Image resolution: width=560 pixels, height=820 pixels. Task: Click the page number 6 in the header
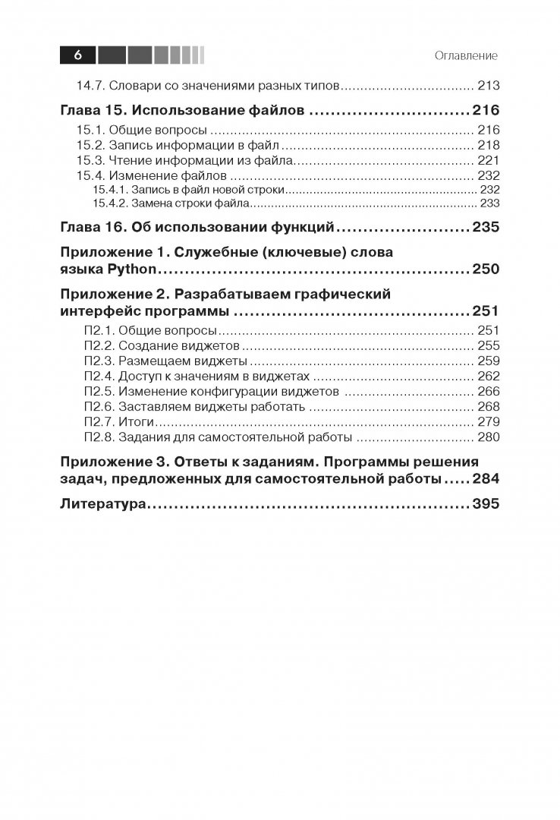[79, 55]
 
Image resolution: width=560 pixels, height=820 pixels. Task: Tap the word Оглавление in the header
[466, 56]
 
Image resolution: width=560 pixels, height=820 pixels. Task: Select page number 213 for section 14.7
[486, 86]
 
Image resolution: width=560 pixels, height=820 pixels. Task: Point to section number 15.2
[94, 145]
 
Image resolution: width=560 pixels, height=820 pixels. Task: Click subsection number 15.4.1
[109, 190]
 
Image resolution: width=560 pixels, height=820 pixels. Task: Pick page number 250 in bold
[485, 269]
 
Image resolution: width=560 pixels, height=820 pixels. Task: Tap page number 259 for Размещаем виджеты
[486, 361]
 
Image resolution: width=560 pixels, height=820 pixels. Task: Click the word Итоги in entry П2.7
[137, 421]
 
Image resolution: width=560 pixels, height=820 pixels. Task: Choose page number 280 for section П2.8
[486, 437]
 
